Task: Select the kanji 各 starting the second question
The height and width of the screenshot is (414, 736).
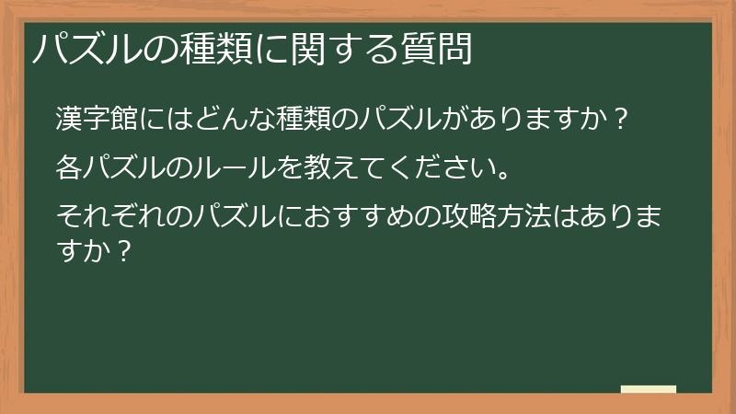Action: tap(69, 168)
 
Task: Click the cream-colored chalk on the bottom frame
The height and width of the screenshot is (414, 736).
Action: tap(648, 389)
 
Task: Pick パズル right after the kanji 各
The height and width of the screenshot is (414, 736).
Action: tap(123, 168)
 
